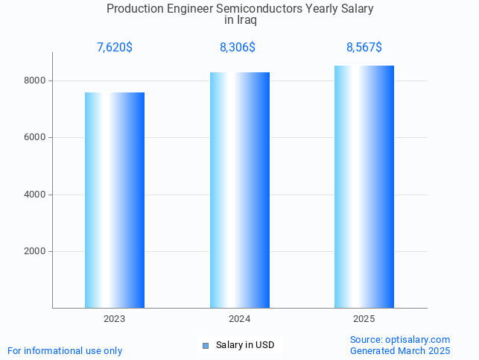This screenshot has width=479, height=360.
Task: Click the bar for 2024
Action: point(239,190)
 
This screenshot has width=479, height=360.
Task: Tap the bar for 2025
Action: point(364,186)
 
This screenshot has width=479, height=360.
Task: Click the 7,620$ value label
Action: point(115,48)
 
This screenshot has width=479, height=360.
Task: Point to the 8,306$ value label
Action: point(238,48)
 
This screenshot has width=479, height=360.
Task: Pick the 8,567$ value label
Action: point(364,48)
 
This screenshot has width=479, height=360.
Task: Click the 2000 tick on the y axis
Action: point(34,252)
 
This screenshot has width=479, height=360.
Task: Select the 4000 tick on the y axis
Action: point(34,195)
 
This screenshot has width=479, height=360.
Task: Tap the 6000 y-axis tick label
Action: point(34,138)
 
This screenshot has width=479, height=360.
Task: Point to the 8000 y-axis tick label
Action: point(34,80)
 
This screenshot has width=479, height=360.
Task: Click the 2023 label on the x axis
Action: point(115,319)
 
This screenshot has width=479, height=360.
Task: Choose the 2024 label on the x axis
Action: point(239,319)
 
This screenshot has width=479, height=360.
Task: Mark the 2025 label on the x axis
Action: point(364,319)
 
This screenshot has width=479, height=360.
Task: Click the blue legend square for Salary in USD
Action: point(206,345)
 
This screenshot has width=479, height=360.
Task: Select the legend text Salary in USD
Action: point(245,345)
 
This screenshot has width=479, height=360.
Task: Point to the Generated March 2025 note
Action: point(400,350)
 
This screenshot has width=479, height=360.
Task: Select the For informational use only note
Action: point(65,350)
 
